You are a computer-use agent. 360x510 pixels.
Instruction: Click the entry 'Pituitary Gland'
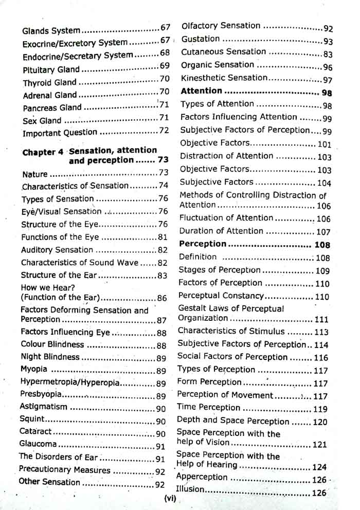[51, 69]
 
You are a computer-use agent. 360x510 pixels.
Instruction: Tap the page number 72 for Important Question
[164, 132]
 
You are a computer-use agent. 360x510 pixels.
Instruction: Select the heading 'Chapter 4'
[45, 152]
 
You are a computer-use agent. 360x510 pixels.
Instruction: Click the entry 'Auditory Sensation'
[57, 250]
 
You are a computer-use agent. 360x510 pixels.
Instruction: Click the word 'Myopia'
[34, 370]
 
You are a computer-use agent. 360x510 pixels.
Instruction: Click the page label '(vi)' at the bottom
[169, 498]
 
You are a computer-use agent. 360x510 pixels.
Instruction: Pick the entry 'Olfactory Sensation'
[221, 26]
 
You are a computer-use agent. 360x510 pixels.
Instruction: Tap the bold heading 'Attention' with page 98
[202, 92]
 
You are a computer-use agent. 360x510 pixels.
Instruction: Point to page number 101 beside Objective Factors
[325, 144]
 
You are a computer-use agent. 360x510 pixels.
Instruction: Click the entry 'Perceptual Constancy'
[221, 296]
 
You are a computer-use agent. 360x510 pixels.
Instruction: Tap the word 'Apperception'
[202, 477]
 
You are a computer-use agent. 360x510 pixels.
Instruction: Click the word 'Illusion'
[190, 489]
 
